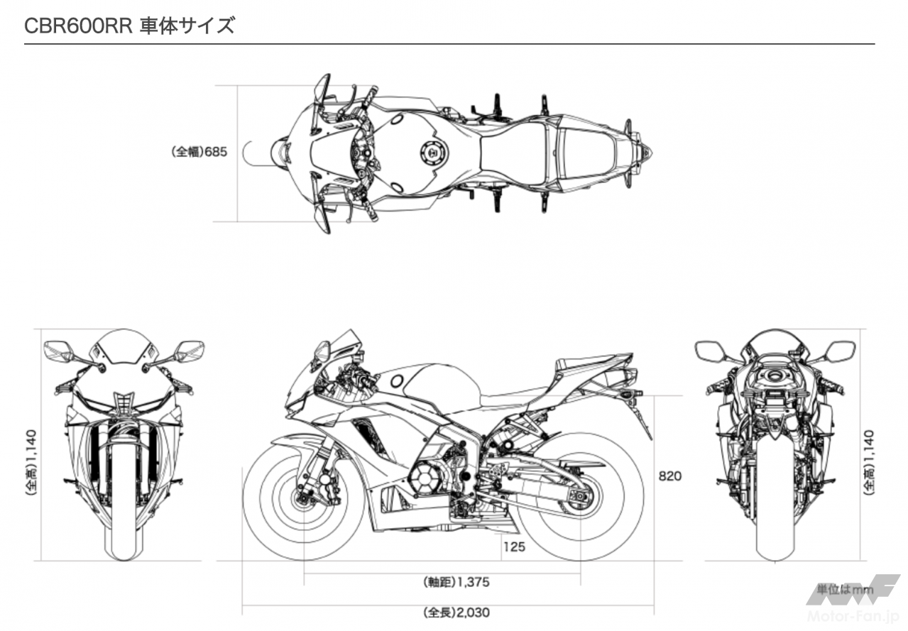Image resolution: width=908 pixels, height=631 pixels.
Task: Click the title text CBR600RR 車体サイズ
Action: pyautogui.click(x=128, y=26)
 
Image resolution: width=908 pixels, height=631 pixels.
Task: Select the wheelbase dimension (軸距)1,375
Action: pyautogui.click(x=457, y=582)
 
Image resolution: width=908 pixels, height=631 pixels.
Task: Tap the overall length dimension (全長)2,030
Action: pyautogui.click(x=456, y=612)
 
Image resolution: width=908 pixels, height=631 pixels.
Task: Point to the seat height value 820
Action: pyautogui.click(x=669, y=476)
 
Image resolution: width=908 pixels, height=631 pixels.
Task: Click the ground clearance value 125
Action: pyautogui.click(x=514, y=547)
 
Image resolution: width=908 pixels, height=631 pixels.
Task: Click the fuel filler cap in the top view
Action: pyautogui.click(x=431, y=152)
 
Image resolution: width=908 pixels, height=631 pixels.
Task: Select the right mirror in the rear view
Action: pyautogui.click(x=841, y=350)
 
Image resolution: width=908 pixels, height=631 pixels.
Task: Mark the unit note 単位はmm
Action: pyautogui.click(x=844, y=589)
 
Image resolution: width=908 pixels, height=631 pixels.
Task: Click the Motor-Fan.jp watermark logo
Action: pyautogui.click(x=852, y=603)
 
